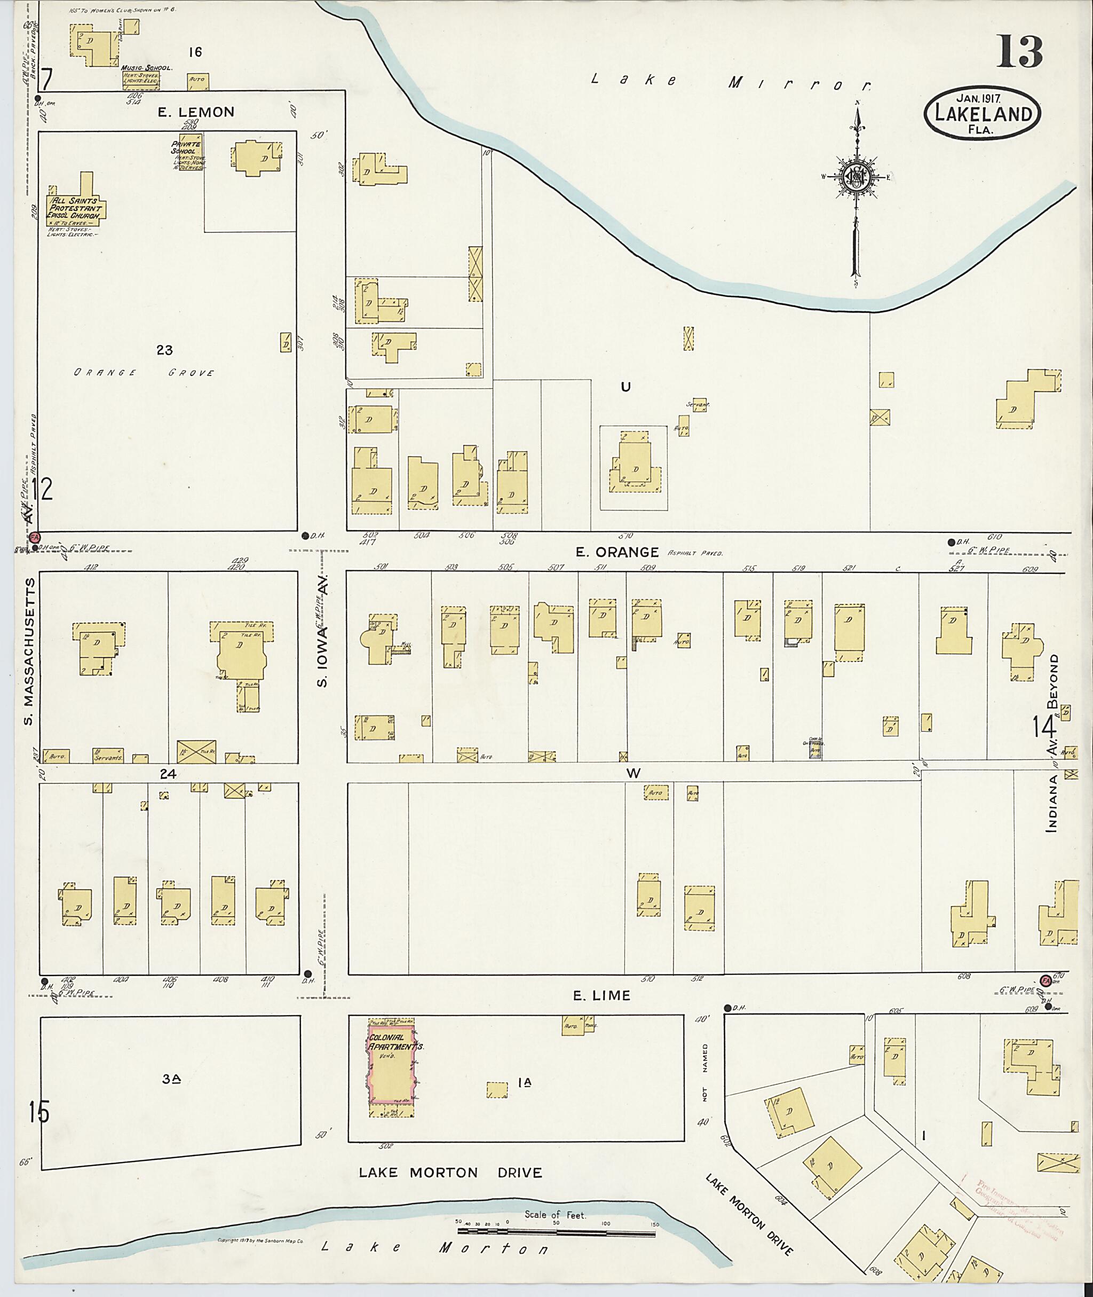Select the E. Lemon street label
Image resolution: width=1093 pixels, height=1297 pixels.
pos(196,112)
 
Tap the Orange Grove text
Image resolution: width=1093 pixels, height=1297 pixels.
pos(144,373)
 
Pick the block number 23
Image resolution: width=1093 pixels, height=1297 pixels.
pos(164,350)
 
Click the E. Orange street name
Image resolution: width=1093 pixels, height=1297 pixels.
pos(616,552)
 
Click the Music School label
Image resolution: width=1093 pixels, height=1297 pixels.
pos(147,68)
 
